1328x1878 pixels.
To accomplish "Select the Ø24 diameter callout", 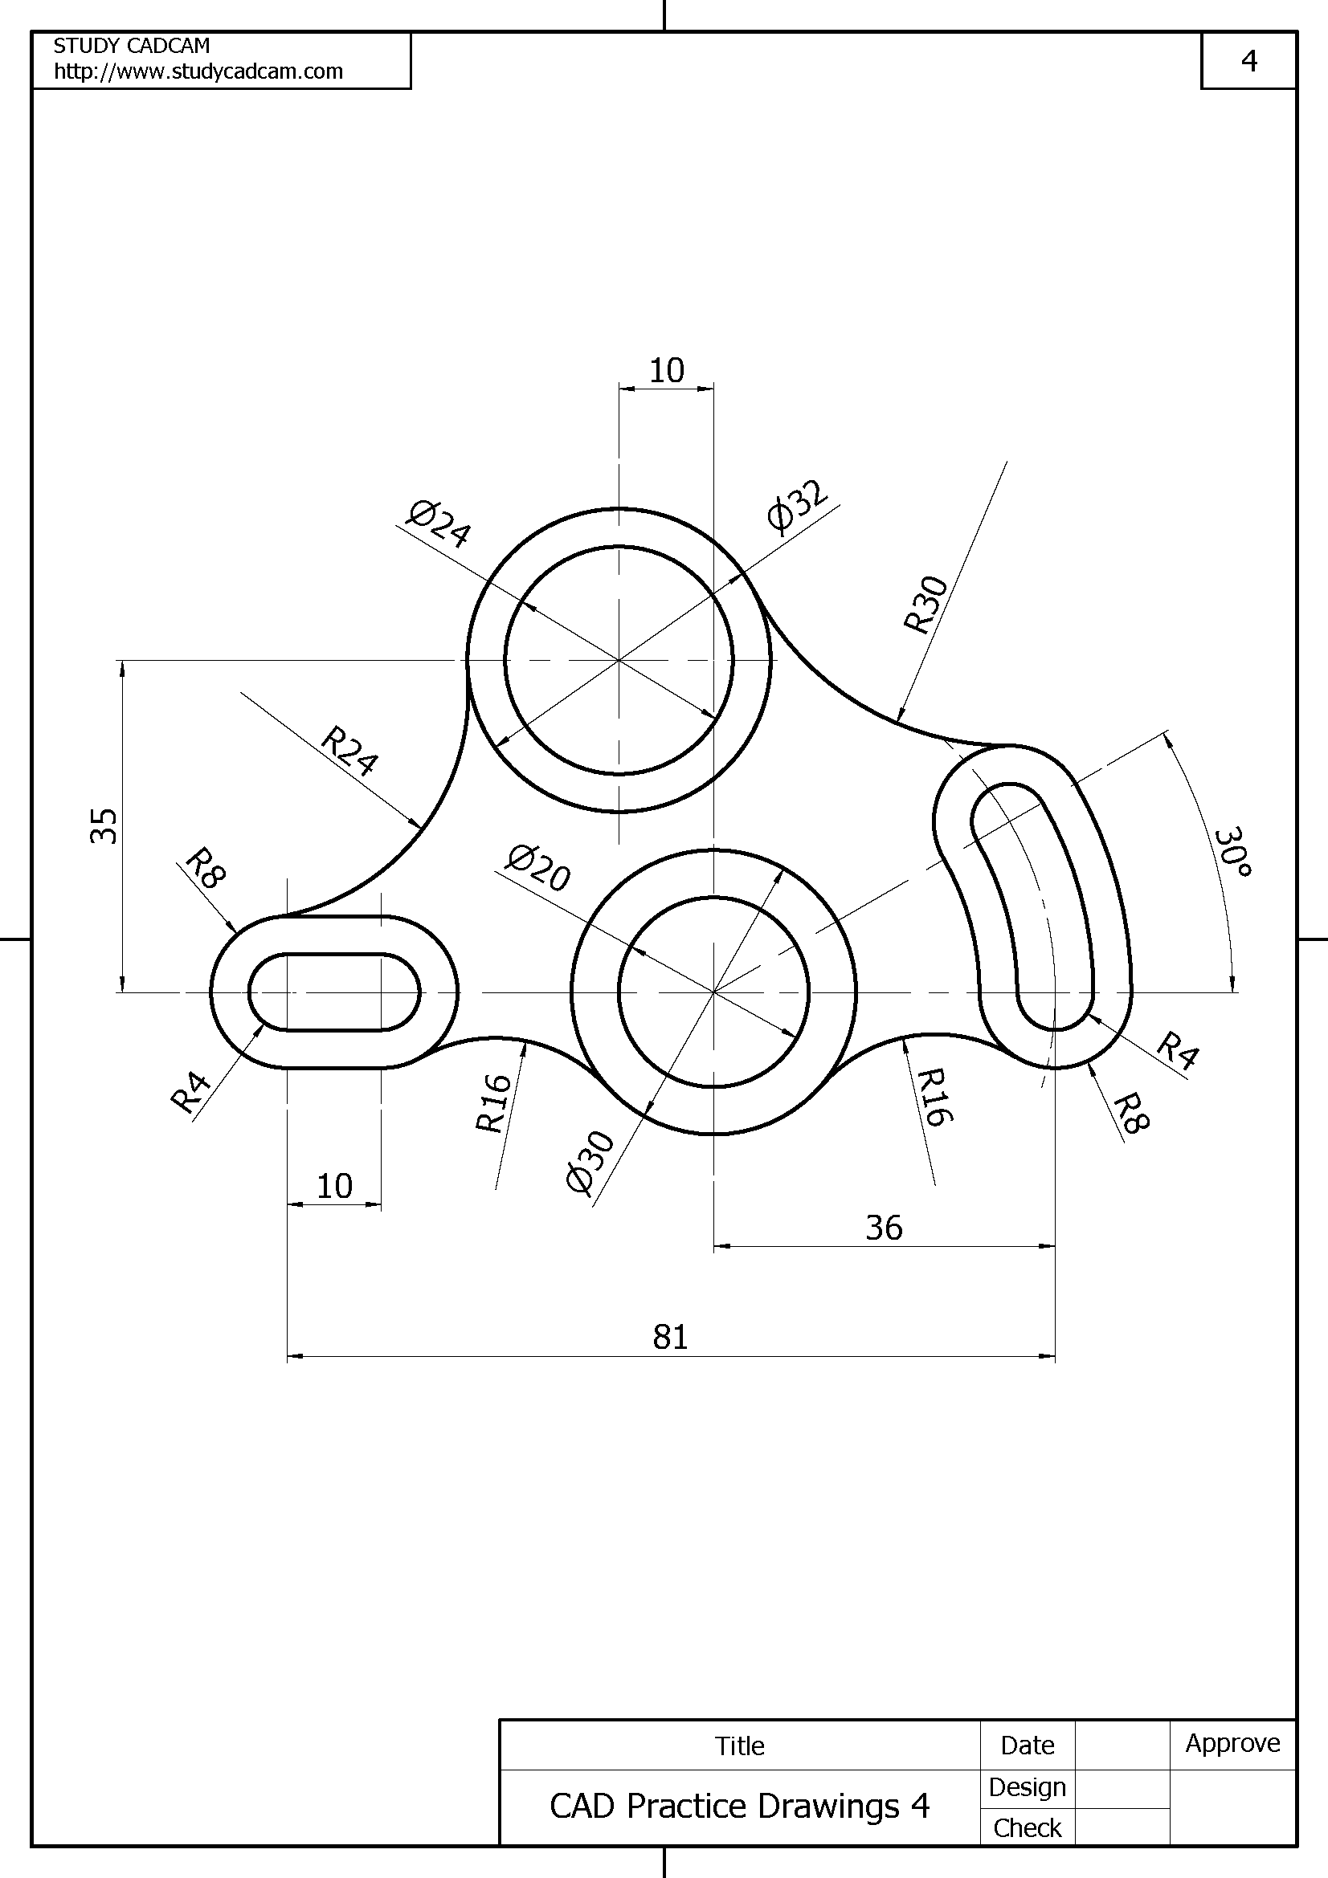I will (x=439, y=524).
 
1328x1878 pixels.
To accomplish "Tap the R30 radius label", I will (x=926, y=605).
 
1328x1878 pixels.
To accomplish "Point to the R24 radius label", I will (x=349, y=750).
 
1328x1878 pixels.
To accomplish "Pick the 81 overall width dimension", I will (x=670, y=1338).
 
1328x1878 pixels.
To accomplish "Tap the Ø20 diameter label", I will (x=537, y=868).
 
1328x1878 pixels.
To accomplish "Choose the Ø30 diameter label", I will (x=589, y=1163).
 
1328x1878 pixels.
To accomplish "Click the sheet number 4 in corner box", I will (x=1248, y=61).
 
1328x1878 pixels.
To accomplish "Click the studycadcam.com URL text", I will (x=198, y=72).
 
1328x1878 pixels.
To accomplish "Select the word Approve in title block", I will (x=1232, y=1743).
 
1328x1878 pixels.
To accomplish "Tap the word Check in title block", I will (x=1027, y=1827).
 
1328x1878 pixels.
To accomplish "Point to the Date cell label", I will (x=1027, y=1745).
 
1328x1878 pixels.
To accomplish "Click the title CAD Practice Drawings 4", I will (x=739, y=1806).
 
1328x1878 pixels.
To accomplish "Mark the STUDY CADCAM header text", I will (x=132, y=46).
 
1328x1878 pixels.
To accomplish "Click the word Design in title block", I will (x=1027, y=1787).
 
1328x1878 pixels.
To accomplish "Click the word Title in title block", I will (x=740, y=1746).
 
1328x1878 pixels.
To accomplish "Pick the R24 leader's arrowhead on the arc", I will (x=417, y=825).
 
